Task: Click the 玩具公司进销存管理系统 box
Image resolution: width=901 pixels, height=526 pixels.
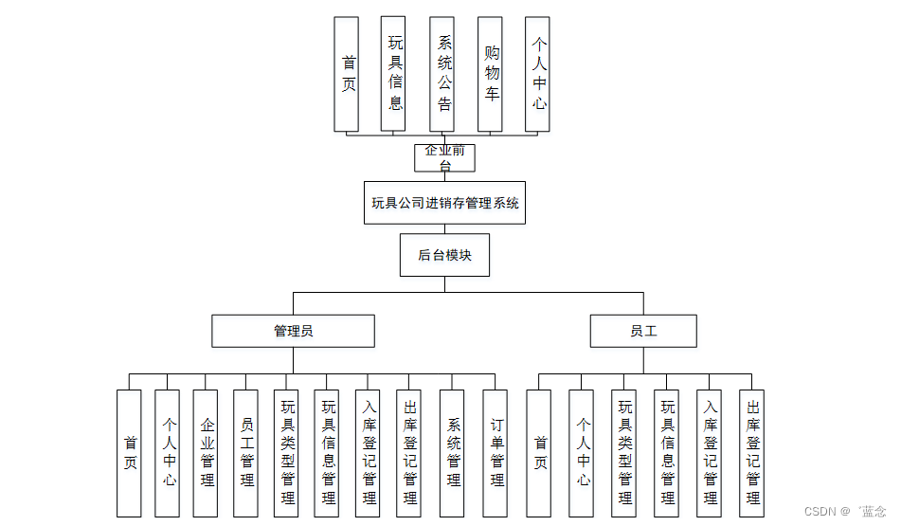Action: tap(444, 203)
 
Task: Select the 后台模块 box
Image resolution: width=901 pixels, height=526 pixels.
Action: tap(444, 255)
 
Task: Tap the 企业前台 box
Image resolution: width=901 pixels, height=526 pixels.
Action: tap(444, 157)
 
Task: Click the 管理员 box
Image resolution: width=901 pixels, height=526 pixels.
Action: tap(293, 331)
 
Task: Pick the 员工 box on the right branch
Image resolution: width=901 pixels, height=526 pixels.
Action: tap(643, 331)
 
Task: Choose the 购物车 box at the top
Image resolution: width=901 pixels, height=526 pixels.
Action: tap(490, 74)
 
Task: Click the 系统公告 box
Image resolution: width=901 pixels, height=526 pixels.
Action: tap(442, 74)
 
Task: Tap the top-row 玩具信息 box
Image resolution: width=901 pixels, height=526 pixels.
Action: tap(393, 74)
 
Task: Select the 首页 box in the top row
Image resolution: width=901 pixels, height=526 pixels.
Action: tap(347, 74)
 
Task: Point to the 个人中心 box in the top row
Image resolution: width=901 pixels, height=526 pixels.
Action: tap(538, 74)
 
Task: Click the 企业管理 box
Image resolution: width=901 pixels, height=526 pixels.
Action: tap(206, 453)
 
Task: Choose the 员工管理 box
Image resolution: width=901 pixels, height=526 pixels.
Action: tap(246, 453)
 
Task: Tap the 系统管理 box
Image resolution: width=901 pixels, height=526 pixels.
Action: tap(453, 453)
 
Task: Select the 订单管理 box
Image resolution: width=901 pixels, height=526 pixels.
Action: tap(496, 453)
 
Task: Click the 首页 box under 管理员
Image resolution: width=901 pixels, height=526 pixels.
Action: tap(129, 453)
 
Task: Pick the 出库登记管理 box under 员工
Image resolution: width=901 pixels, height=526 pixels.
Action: tap(752, 453)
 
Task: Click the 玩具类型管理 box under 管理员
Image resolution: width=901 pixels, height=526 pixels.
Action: tap(287, 453)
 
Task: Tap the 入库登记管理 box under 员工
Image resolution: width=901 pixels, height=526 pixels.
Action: tap(710, 453)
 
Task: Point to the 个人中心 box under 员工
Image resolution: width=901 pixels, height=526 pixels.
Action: tap(582, 453)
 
